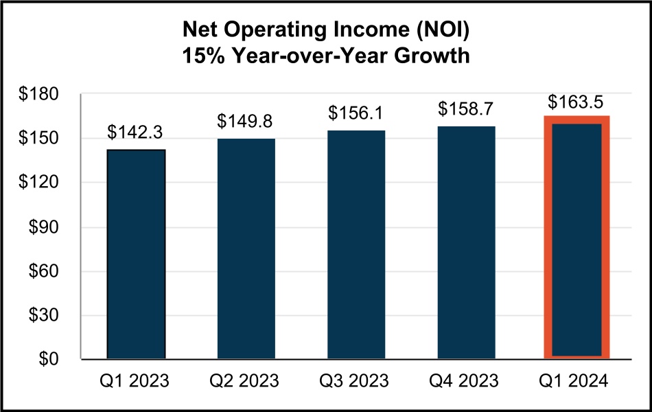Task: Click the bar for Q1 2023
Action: pyautogui.click(x=136, y=254)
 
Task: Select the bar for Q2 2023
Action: pyautogui.click(x=246, y=249)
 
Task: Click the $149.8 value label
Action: pyautogui.click(x=245, y=122)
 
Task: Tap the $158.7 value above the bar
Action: pyautogui.click(x=466, y=109)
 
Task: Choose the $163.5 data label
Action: pyautogui.click(x=576, y=102)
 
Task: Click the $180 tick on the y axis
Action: pyautogui.click(x=40, y=95)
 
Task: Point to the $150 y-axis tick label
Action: pyautogui.click(x=40, y=139)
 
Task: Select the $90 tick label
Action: pyautogui.click(x=45, y=227)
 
